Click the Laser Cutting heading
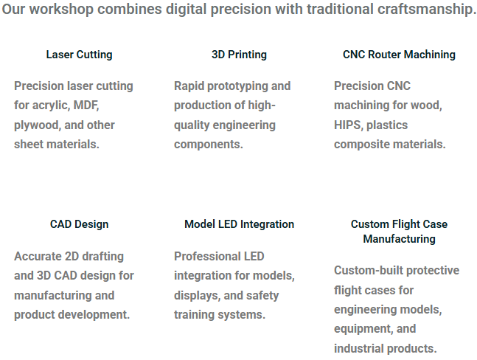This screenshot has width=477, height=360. click(x=79, y=55)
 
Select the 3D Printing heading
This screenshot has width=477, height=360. click(x=239, y=55)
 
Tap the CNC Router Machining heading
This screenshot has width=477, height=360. click(x=399, y=55)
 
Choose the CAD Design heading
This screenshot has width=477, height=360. click(x=79, y=224)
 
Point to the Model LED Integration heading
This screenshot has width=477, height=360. click(x=239, y=224)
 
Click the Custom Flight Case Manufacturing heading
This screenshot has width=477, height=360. click(x=399, y=232)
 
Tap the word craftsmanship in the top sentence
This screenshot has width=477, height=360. click(x=425, y=10)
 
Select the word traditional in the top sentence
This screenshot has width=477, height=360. click(x=340, y=9)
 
